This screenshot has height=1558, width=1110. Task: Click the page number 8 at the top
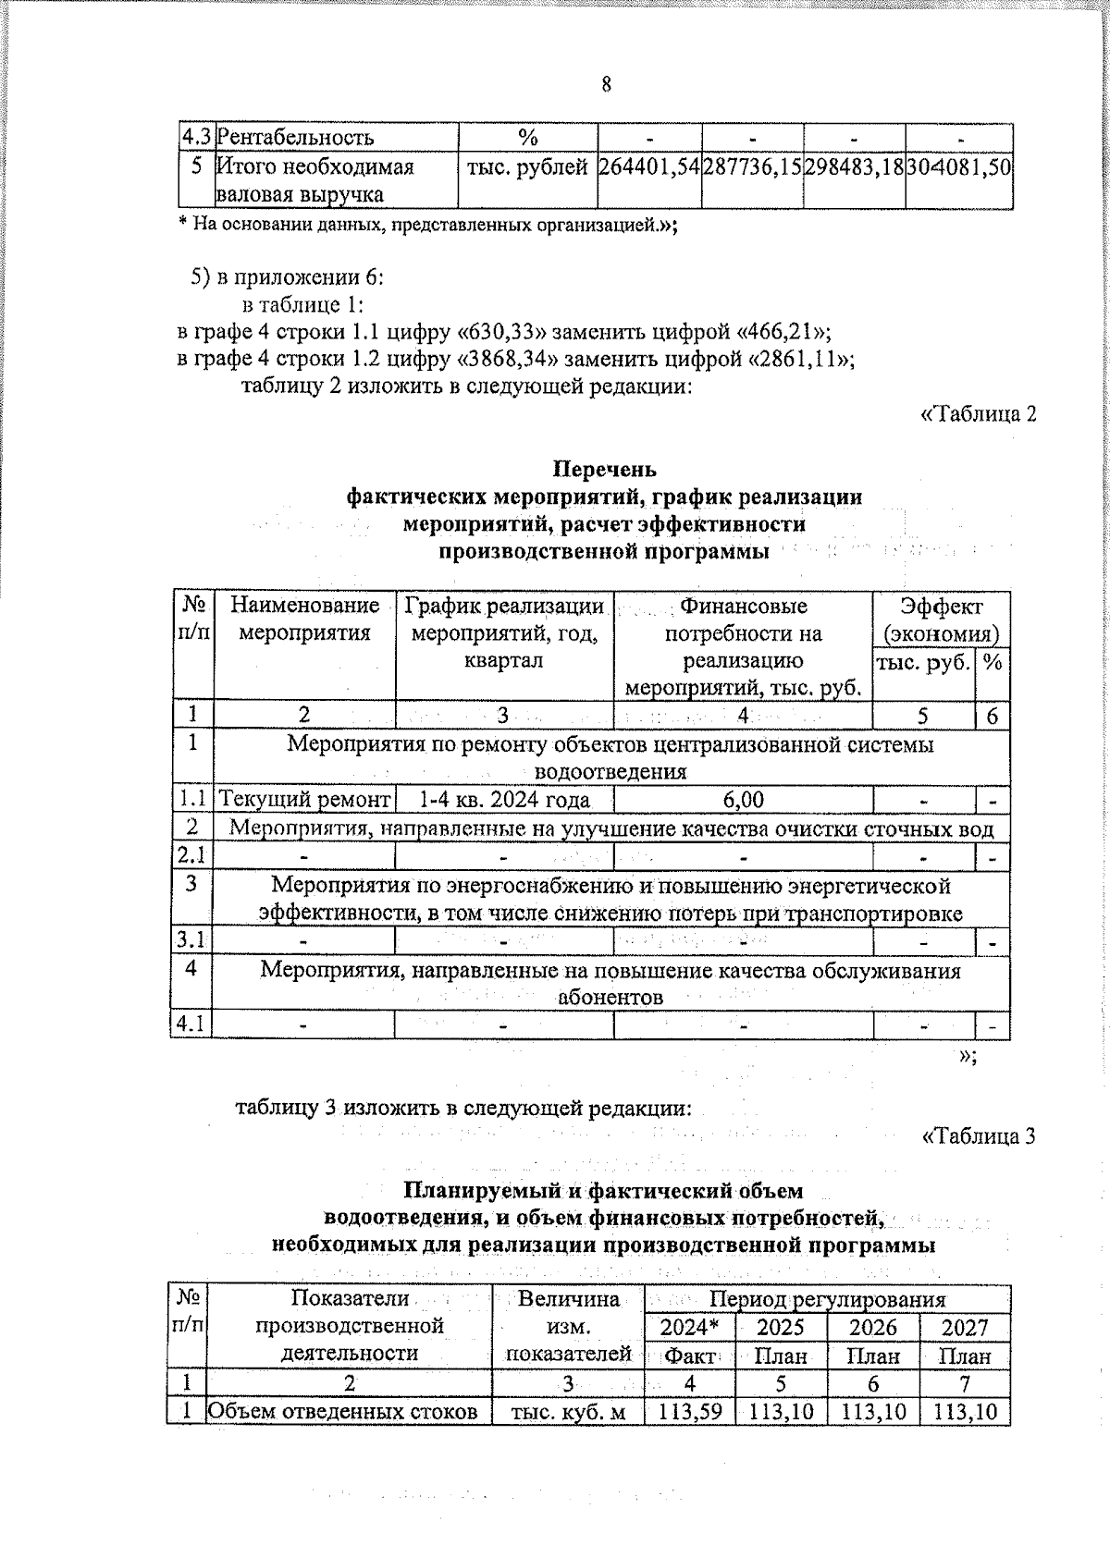coord(606,85)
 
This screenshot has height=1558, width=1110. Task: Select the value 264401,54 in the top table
coord(648,168)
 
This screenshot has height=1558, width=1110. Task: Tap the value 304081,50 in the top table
coord(958,168)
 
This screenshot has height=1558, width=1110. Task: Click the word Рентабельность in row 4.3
coord(295,138)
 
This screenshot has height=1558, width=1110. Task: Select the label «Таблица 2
coord(978,413)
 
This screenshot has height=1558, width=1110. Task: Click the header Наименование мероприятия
coord(304,620)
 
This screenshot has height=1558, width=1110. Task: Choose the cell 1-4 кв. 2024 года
coord(504,799)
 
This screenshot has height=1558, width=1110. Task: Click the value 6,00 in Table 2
coord(743,799)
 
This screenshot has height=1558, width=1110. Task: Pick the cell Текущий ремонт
coord(304,799)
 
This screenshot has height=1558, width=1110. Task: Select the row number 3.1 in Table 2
coord(191,941)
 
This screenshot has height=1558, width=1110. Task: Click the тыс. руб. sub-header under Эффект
coord(923,662)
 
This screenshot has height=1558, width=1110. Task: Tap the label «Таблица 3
coord(978,1136)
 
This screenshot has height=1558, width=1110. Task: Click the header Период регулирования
coord(826,1299)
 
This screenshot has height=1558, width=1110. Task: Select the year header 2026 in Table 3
coord(873,1328)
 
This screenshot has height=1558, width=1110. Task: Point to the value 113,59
coord(689,1412)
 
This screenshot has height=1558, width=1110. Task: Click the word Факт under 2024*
coord(690,1356)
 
